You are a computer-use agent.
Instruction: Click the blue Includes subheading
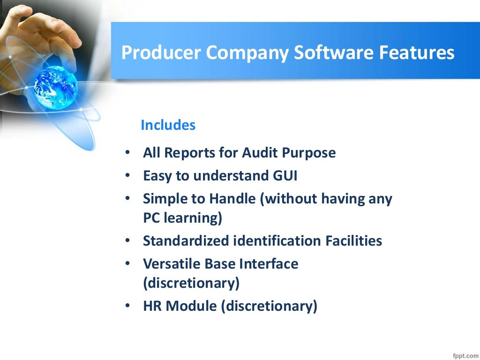(x=168, y=125)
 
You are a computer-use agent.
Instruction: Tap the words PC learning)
(x=182, y=218)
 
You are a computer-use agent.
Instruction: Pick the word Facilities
(x=354, y=241)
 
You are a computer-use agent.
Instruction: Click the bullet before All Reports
(x=128, y=153)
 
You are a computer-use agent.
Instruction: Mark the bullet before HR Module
(x=128, y=307)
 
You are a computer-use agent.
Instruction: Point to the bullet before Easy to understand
(x=128, y=176)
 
